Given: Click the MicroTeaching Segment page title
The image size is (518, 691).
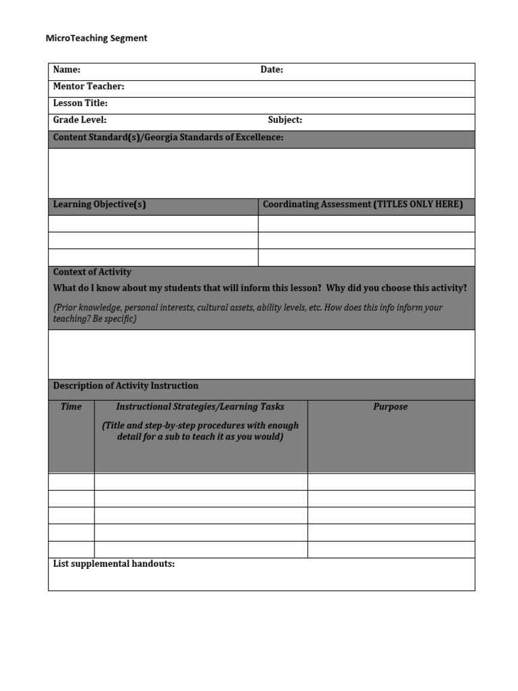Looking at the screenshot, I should [x=96, y=38].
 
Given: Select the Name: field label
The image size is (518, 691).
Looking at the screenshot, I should [x=67, y=70].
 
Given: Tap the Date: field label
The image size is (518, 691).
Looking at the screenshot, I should [x=272, y=70].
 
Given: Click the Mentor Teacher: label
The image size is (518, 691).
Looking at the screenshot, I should [x=88, y=86].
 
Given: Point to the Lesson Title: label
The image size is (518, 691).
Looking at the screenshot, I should [x=80, y=103].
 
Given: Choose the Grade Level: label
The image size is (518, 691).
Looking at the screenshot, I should [x=80, y=120].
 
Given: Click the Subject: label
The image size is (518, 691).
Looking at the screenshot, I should [x=285, y=120].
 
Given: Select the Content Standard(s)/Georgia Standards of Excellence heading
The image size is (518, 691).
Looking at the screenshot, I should [x=168, y=138].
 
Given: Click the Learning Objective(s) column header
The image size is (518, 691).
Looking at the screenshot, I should [x=99, y=204].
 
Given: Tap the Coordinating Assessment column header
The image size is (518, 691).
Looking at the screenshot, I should [x=316, y=204].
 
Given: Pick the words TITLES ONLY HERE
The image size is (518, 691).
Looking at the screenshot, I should [x=418, y=204].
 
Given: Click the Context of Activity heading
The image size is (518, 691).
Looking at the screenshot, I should [x=92, y=272].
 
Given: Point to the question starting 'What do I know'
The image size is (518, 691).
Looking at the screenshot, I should [x=260, y=288].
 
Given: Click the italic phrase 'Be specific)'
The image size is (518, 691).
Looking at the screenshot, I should [x=111, y=319].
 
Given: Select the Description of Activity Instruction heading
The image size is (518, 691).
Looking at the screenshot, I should [x=125, y=386].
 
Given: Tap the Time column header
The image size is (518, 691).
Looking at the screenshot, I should [x=71, y=407].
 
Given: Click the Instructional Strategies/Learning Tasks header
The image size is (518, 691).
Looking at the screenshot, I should [x=200, y=407].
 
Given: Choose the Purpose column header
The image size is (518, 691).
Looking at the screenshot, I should [x=391, y=407].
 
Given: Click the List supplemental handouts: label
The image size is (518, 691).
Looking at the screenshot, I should [x=113, y=563].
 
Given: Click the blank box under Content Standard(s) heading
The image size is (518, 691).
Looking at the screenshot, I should [x=261, y=173].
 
